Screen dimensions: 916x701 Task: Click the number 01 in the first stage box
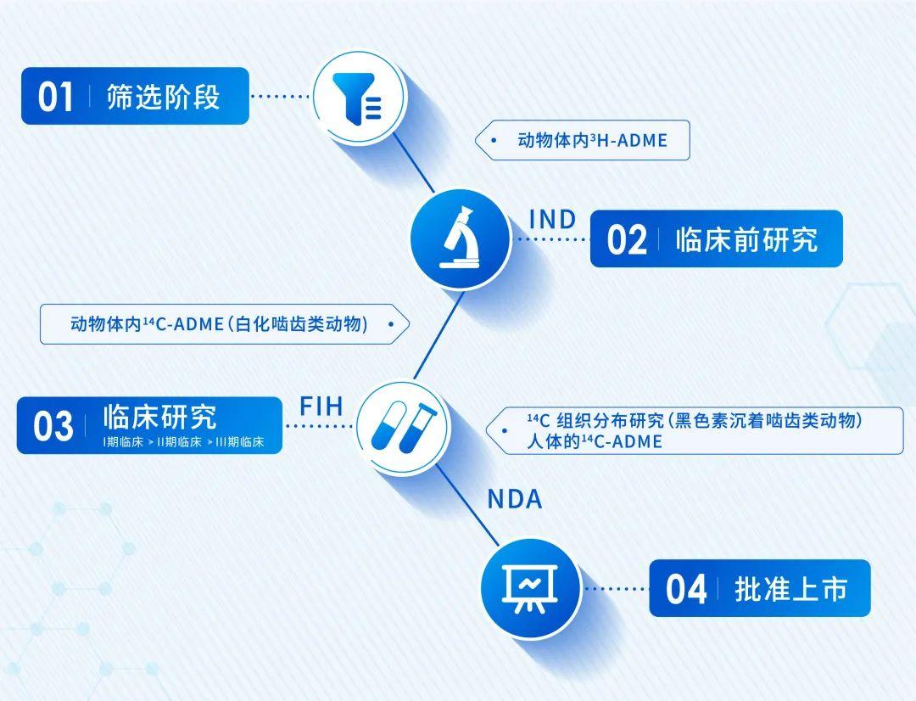click(55, 97)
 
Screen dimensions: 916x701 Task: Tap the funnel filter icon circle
click(359, 97)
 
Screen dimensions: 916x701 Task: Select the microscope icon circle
click(461, 238)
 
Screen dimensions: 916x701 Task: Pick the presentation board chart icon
click(530, 588)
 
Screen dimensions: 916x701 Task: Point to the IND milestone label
click(553, 220)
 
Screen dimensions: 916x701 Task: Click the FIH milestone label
click(321, 407)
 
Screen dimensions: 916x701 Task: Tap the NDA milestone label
click(515, 499)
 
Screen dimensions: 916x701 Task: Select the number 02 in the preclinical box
click(627, 239)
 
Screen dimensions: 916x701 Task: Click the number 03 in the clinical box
click(53, 426)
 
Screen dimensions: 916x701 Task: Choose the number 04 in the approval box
click(686, 589)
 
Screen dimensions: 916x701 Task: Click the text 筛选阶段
click(164, 97)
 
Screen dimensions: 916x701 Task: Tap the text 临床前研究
click(746, 239)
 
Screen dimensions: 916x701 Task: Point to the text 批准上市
click(791, 589)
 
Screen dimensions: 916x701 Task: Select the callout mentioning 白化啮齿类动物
click(225, 324)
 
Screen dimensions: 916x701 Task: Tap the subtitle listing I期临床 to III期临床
click(183, 442)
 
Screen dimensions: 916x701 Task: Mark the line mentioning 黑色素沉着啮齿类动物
click(695, 420)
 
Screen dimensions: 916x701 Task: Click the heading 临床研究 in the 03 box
click(160, 417)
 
